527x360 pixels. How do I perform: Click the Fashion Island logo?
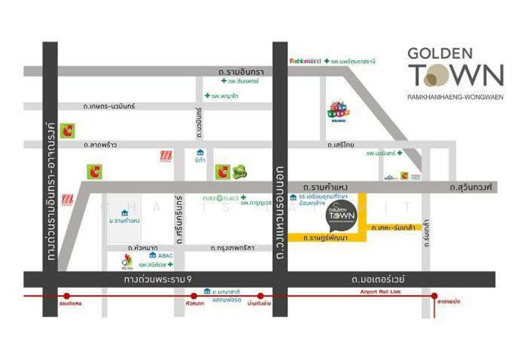305,61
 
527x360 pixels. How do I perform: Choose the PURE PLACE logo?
218,198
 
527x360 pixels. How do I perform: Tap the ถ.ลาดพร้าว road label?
101,144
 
